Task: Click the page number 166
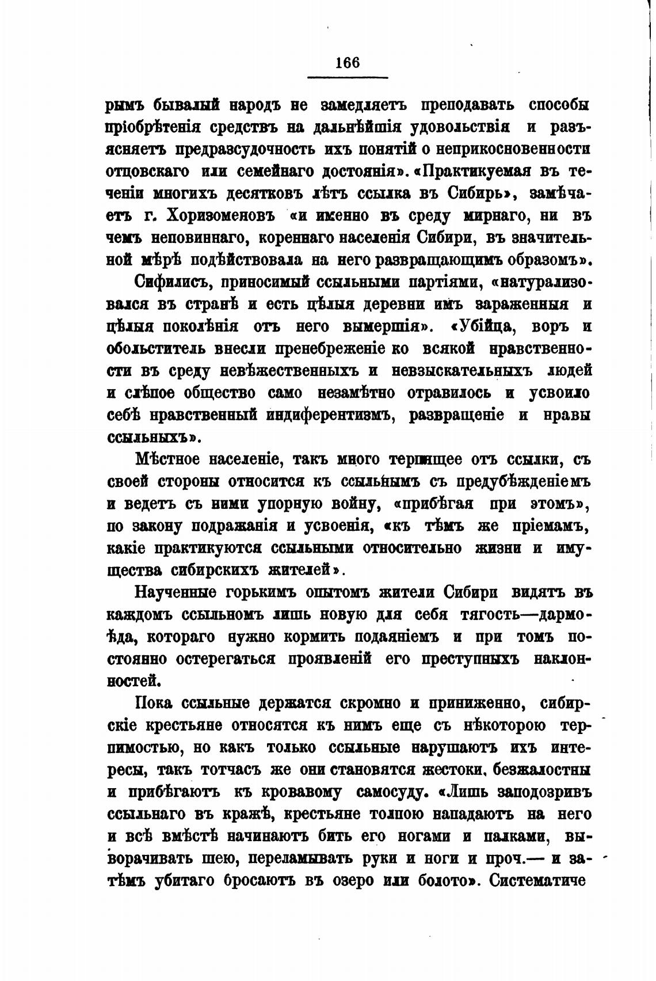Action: click(347, 62)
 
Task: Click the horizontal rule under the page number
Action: click(348, 78)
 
